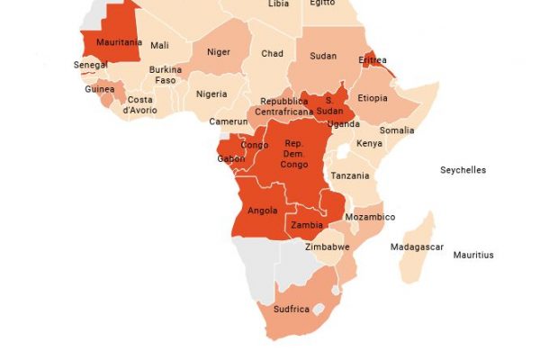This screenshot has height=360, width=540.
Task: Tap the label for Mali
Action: point(159,46)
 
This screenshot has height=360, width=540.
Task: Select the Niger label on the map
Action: point(218,51)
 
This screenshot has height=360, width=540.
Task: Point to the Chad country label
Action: point(272,54)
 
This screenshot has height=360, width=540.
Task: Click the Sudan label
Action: point(323,56)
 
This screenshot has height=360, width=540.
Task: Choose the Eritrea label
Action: point(373,60)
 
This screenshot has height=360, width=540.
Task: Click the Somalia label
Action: point(397,130)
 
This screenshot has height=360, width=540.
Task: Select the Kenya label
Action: point(369,144)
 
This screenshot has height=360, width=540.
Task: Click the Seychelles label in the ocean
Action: point(463,170)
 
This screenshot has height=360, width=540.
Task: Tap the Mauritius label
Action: point(473,256)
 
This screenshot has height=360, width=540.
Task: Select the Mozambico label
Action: point(371,218)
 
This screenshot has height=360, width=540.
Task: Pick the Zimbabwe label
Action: point(327,247)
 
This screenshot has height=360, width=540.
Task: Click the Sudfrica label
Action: point(291,310)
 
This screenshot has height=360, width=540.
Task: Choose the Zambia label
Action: point(308,226)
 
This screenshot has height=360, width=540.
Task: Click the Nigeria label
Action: point(211,94)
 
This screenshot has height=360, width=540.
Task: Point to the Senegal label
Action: point(91,65)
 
